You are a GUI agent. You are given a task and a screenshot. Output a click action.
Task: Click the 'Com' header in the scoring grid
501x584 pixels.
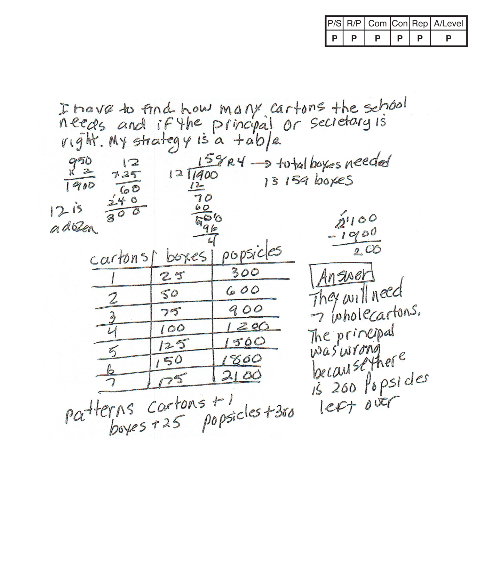coord(377,24)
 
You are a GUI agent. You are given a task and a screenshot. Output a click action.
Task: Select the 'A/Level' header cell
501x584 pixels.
coord(448,24)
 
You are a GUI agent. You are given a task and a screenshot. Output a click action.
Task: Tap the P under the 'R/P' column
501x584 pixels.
coord(353,39)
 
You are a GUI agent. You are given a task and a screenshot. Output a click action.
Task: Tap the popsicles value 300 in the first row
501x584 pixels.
coord(245,272)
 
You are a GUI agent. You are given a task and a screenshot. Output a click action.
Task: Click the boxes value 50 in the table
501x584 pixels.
coord(169,294)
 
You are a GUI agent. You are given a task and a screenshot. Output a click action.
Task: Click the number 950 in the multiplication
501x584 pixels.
coord(80,161)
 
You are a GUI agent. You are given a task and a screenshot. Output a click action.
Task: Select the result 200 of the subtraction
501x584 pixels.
coord(367,250)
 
